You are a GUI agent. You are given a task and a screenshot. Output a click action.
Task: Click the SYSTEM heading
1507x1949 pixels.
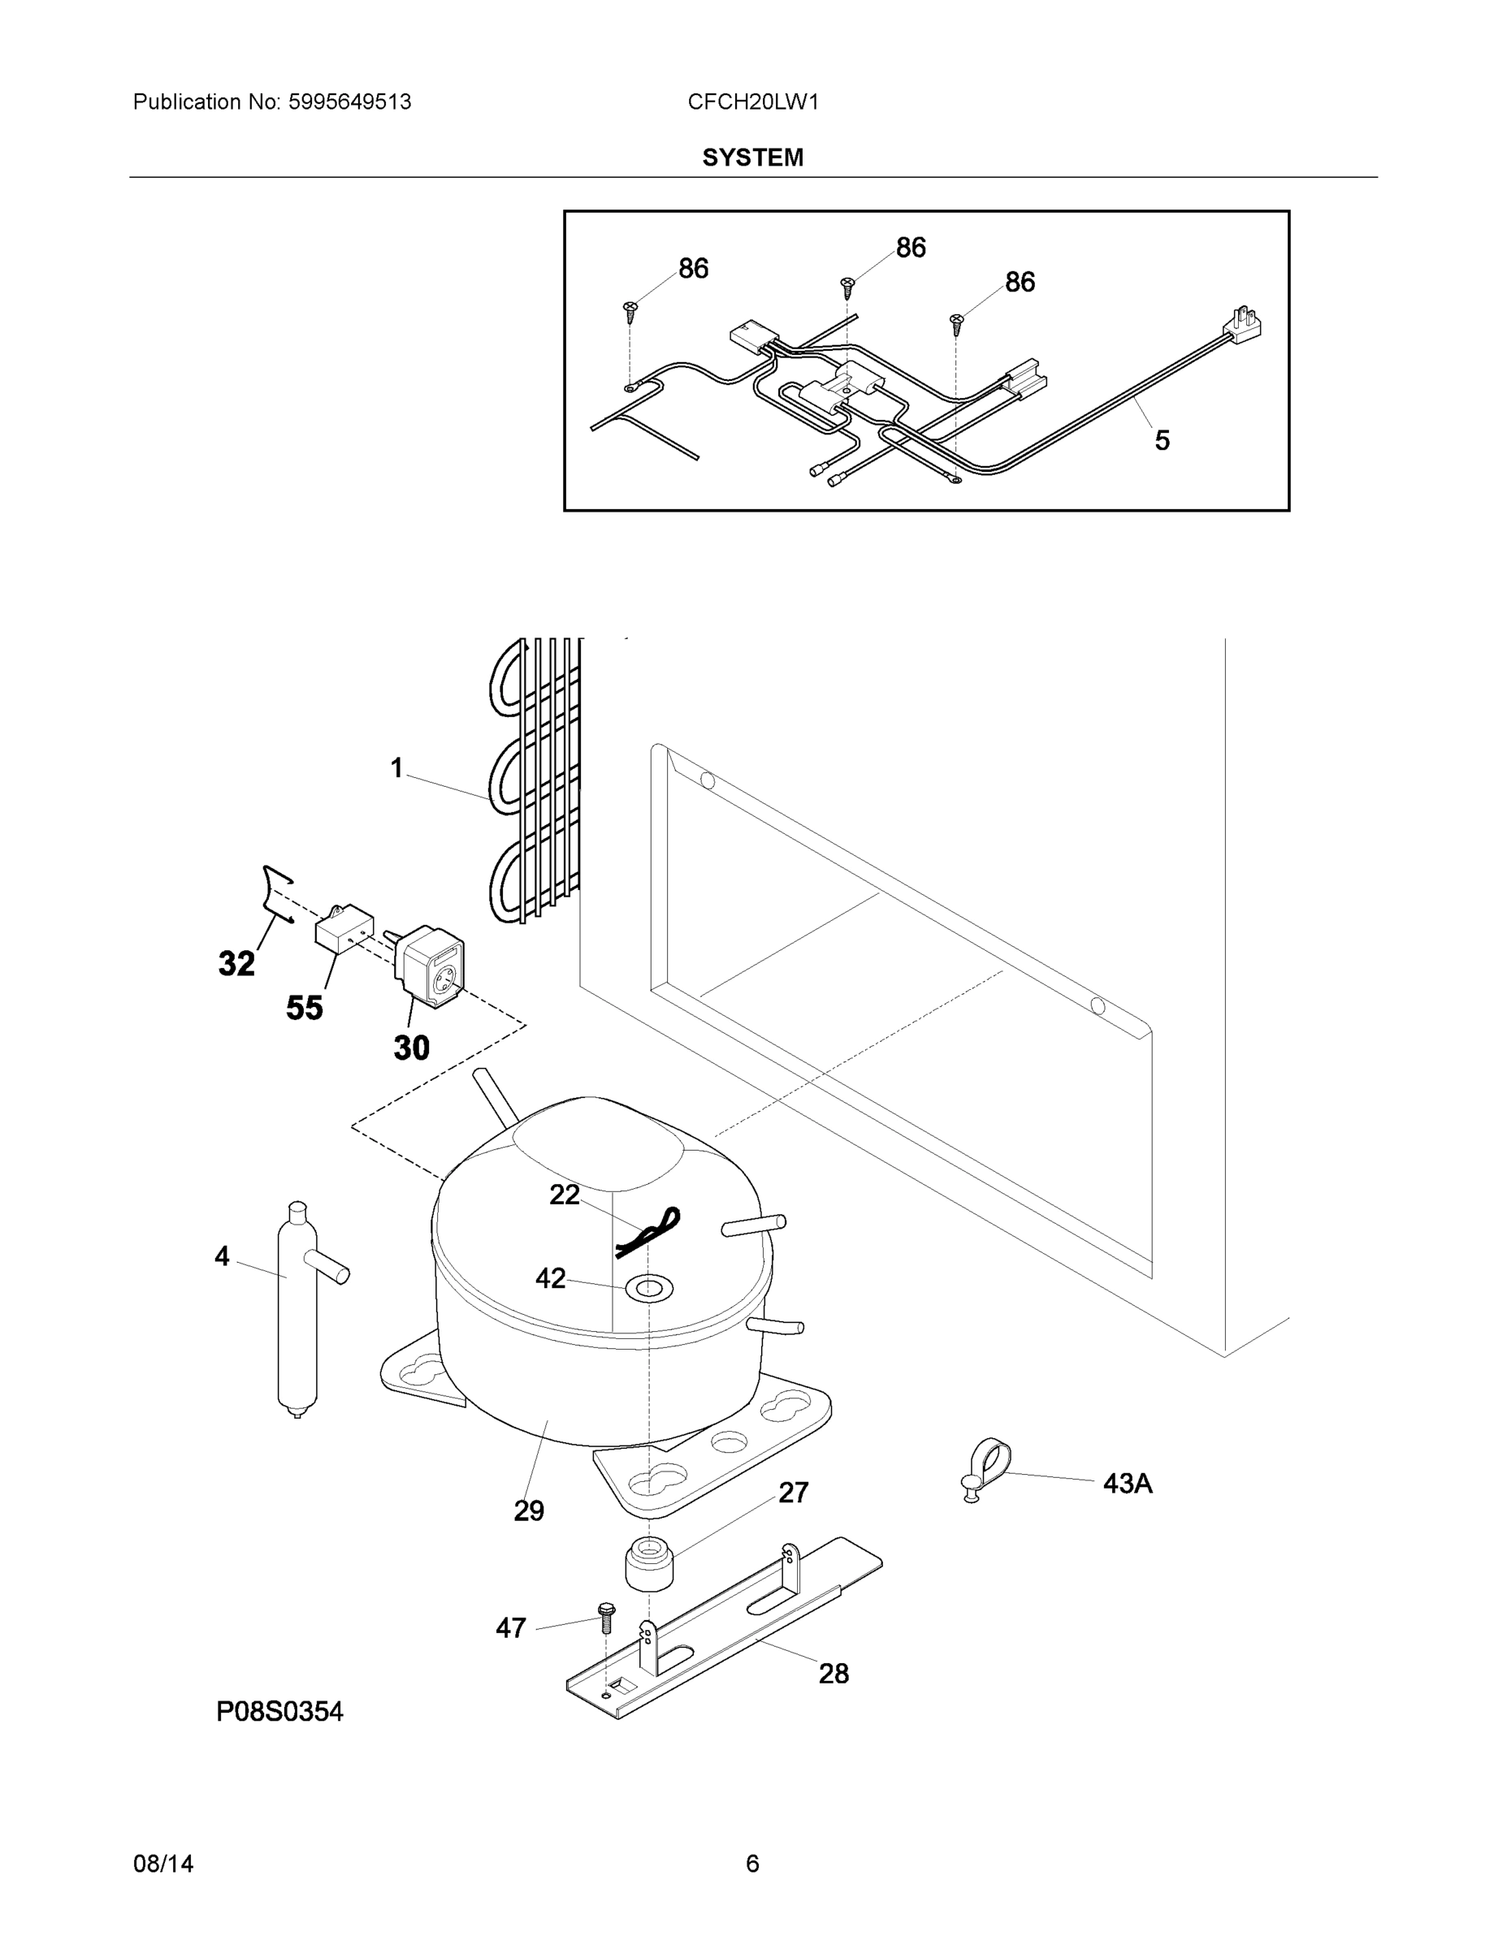click(x=752, y=158)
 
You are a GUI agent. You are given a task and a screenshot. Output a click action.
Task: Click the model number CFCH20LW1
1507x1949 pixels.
click(x=752, y=102)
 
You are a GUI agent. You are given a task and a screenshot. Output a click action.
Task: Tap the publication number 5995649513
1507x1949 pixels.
click(x=349, y=102)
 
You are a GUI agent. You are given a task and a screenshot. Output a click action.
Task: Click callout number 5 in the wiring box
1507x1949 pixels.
click(x=1162, y=440)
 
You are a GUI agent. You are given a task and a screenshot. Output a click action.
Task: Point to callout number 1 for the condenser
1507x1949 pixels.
click(x=396, y=767)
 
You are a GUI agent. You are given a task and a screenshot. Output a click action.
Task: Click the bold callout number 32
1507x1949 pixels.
click(x=236, y=964)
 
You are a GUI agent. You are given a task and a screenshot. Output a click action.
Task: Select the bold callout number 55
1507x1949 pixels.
click(x=304, y=1008)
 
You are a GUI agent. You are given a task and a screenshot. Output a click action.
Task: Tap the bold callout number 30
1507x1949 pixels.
click(x=412, y=1047)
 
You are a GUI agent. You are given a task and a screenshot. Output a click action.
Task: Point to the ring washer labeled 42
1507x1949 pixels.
click(x=648, y=1287)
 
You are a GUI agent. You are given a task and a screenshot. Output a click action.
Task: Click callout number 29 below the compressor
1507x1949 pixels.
click(x=529, y=1510)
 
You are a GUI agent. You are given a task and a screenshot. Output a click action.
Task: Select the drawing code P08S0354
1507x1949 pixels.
click(x=279, y=1711)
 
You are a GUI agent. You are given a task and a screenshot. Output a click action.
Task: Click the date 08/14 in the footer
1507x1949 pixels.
click(x=162, y=1864)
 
